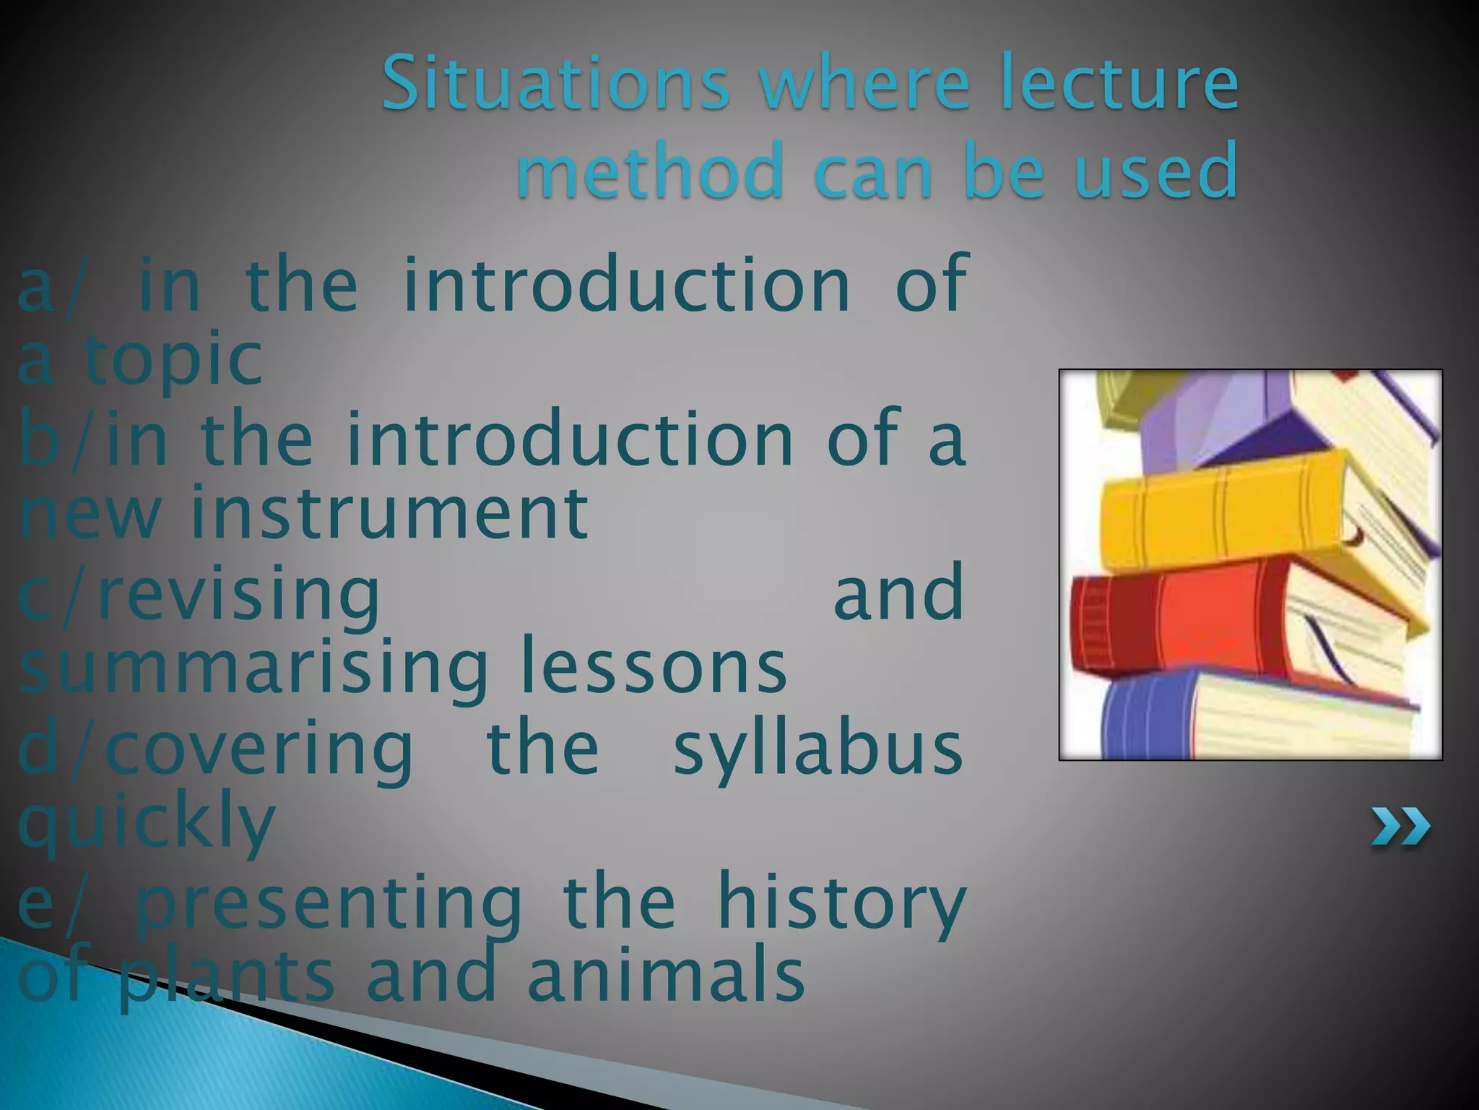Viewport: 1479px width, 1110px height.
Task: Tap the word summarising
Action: point(253,668)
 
